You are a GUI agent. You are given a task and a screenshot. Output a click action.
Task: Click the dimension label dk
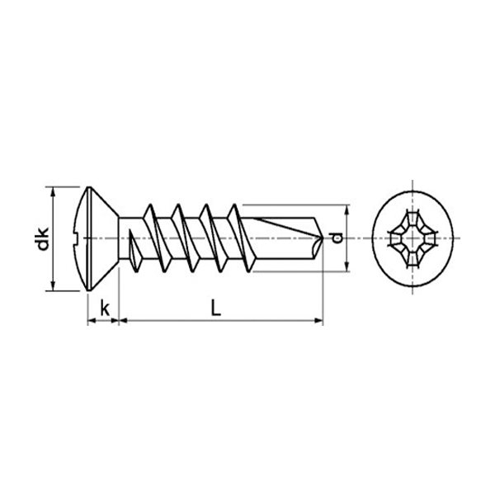pos(43,238)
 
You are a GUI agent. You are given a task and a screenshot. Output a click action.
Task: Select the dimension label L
pos(216,308)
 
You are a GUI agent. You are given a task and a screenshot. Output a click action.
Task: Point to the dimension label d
pos(337,238)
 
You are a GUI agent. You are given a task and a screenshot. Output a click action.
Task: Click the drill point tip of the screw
pos(323,238)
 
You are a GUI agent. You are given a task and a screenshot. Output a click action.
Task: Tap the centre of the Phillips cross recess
pos(412,238)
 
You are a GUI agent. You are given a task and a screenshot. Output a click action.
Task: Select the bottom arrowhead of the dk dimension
pos(54,285)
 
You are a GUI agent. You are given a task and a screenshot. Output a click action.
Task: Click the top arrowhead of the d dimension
pos(347,210)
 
